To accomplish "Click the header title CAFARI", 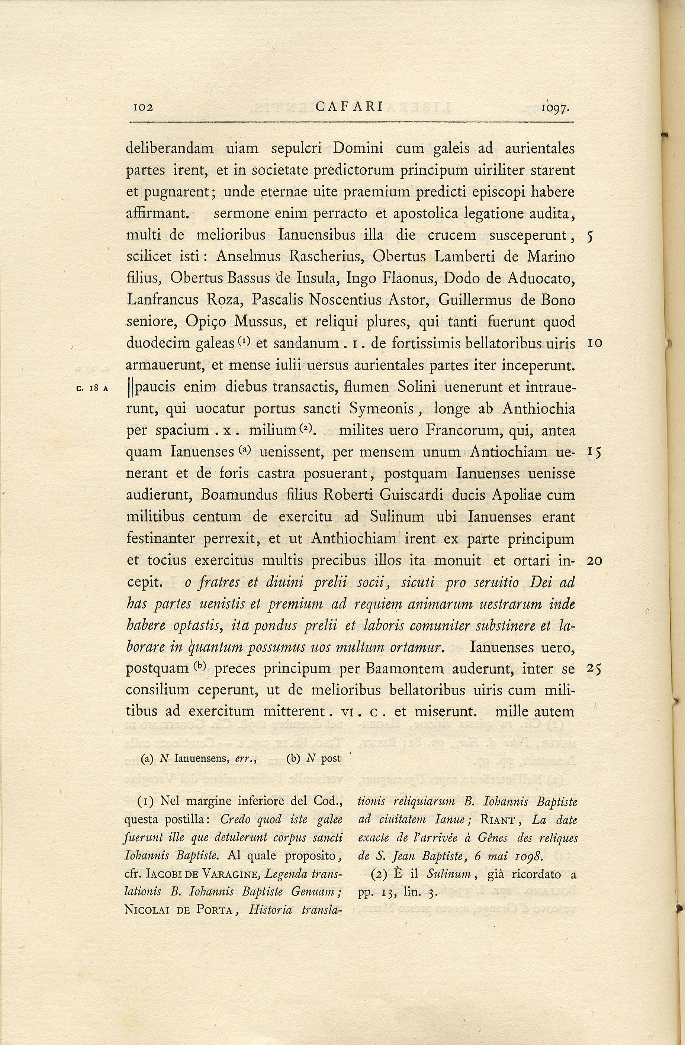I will pyautogui.click(x=350, y=107).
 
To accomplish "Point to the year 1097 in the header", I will pyautogui.click(x=556, y=107).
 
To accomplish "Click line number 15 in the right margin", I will pyautogui.click(x=594, y=452).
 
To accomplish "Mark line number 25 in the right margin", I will pyautogui.click(x=594, y=668).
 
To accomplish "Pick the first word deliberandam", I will pyautogui.click(x=170, y=148).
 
